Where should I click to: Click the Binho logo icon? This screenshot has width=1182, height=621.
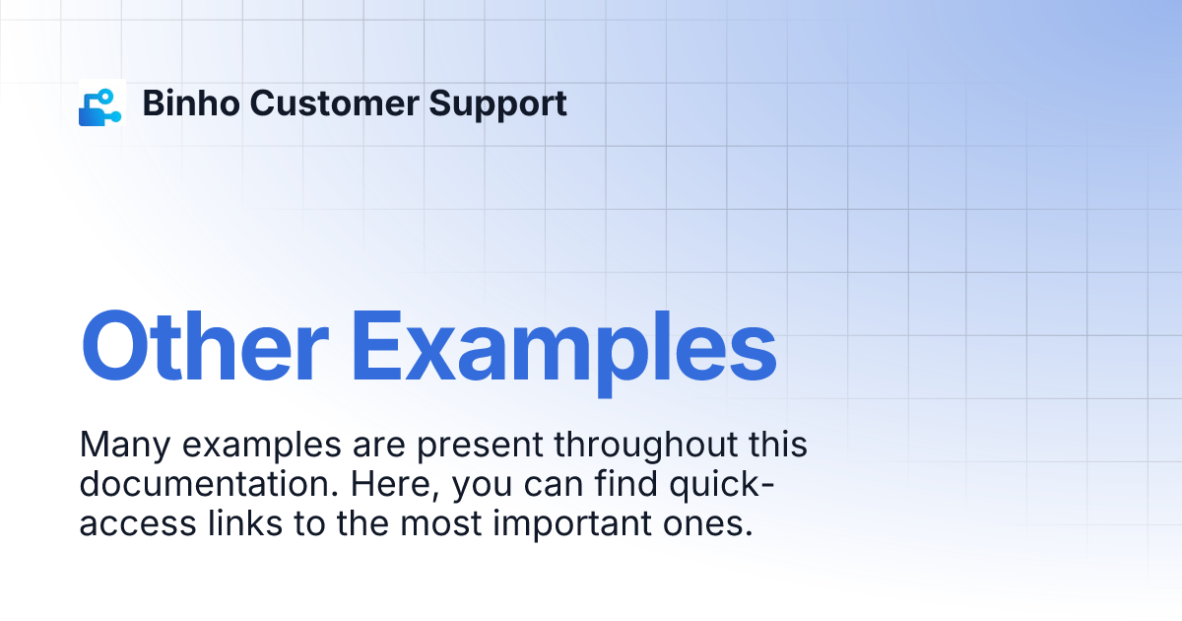pyautogui.click(x=101, y=103)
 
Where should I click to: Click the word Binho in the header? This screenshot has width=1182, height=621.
pyautogui.click(x=191, y=103)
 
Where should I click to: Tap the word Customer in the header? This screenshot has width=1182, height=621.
pyautogui.click(x=335, y=103)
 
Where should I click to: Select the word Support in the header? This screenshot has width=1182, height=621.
pyautogui.click(x=497, y=104)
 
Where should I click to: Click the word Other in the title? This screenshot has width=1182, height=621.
pyautogui.click(x=205, y=346)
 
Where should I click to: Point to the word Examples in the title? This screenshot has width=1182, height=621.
pyautogui.click(x=563, y=352)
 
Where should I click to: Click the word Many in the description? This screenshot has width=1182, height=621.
pyautogui.click(x=124, y=446)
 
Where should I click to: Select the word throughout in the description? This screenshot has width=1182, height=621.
pyautogui.click(x=645, y=446)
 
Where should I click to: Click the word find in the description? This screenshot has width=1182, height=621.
pyautogui.click(x=625, y=484)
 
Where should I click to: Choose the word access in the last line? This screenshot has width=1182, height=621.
pyautogui.click(x=138, y=524)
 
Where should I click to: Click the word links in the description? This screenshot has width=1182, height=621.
pyautogui.click(x=245, y=523)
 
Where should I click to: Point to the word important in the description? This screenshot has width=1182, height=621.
pyautogui.click(x=572, y=524)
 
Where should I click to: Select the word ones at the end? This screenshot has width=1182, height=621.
pyautogui.click(x=707, y=524)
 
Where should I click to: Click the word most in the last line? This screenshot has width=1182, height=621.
pyautogui.click(x=441, y=524)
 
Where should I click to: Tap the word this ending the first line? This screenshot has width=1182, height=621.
pyautogui.click(x=778, y=445)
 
